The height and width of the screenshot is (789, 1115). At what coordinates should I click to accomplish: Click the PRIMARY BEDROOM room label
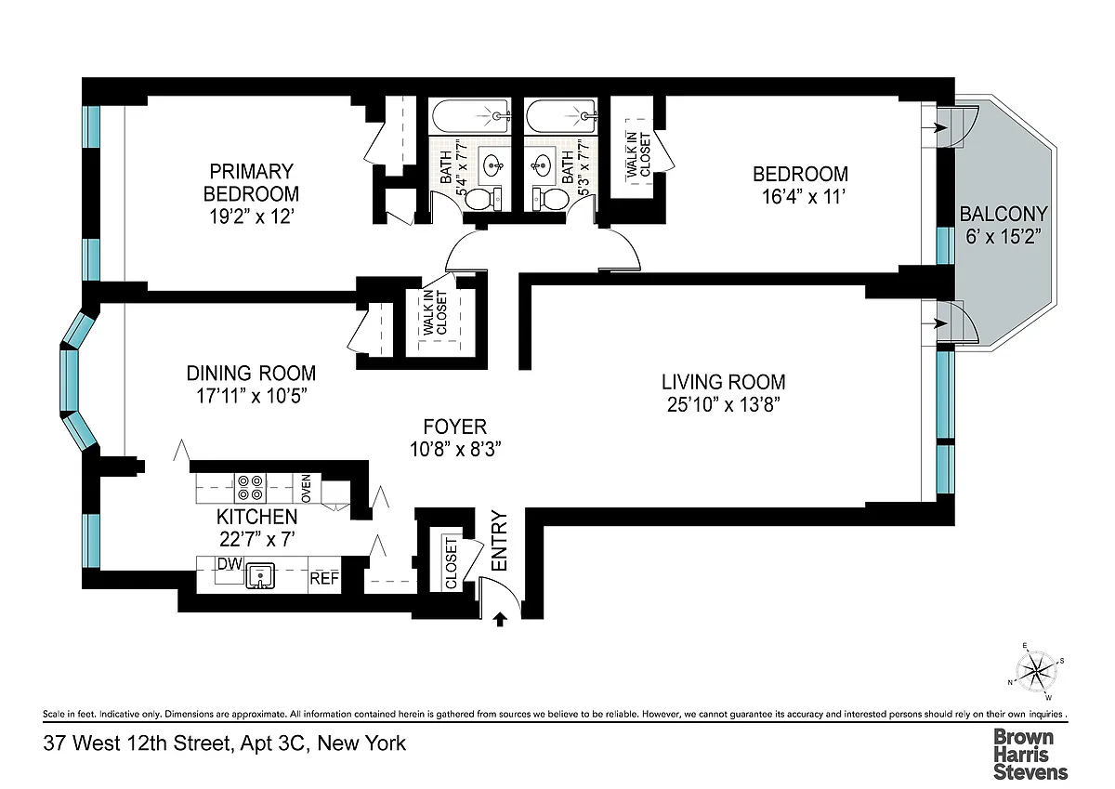(x=251, y=182)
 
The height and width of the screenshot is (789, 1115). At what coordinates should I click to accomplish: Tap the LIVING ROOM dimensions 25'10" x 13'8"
(x=723, y=405)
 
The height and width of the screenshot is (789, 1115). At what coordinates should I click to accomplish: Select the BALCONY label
(x=1003, y=214)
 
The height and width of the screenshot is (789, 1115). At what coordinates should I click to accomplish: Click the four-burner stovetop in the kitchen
(x=250, y=488)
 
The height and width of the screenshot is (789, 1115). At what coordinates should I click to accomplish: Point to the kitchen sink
(x=260, y=575)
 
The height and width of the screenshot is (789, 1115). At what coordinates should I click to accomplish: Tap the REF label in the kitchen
(x=324, y=578)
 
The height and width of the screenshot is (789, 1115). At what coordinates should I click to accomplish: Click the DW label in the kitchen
(x=230, y=564)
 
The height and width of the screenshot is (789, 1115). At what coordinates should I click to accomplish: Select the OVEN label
(x=306, y=488)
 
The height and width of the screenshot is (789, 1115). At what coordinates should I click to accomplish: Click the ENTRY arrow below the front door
(x=500, y=619)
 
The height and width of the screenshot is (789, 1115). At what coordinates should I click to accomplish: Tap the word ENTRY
(x=499, y=541)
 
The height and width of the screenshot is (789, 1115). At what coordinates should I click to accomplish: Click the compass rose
(x=1036, y=672)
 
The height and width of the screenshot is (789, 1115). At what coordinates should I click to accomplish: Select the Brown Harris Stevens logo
(x=1030, y=755)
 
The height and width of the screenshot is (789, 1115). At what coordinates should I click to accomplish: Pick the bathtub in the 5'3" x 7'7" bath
(x=561, y=116)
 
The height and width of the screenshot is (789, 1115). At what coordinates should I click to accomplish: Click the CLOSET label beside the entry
(x=451, y=563)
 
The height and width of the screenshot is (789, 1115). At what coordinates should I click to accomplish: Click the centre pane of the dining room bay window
(x=69, y=380)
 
